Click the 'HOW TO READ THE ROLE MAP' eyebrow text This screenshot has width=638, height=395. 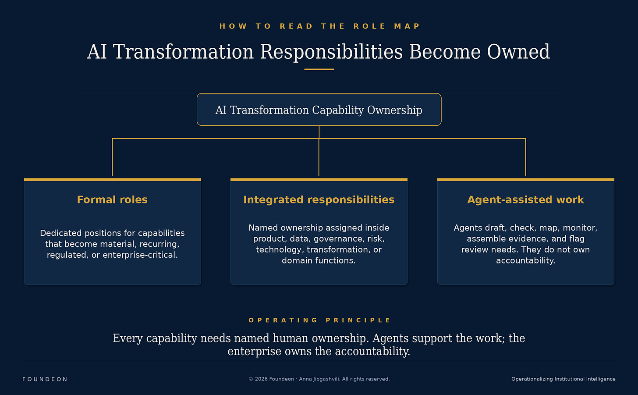coord(319,26)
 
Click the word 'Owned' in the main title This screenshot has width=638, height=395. coord(518,52)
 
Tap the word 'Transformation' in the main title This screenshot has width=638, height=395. coord(183,52)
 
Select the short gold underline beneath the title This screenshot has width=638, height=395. coord(319,69)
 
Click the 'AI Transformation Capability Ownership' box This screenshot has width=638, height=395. coord(319,110)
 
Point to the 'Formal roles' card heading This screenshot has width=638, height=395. coord(112,199)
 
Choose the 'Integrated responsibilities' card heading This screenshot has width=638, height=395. coord(319,200)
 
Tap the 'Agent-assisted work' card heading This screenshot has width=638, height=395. coord(525,200)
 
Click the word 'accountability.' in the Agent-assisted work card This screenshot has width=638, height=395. coord(525,260)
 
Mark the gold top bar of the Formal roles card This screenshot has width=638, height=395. coord(112,180)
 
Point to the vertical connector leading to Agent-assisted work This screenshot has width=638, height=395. coord(525,157)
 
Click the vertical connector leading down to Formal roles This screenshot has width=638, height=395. coord(112,157)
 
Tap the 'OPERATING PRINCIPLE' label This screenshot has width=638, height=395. coord(319,320)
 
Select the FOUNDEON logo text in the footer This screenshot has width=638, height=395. coord(45,379)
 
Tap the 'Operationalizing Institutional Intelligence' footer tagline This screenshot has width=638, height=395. coord(564,379)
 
